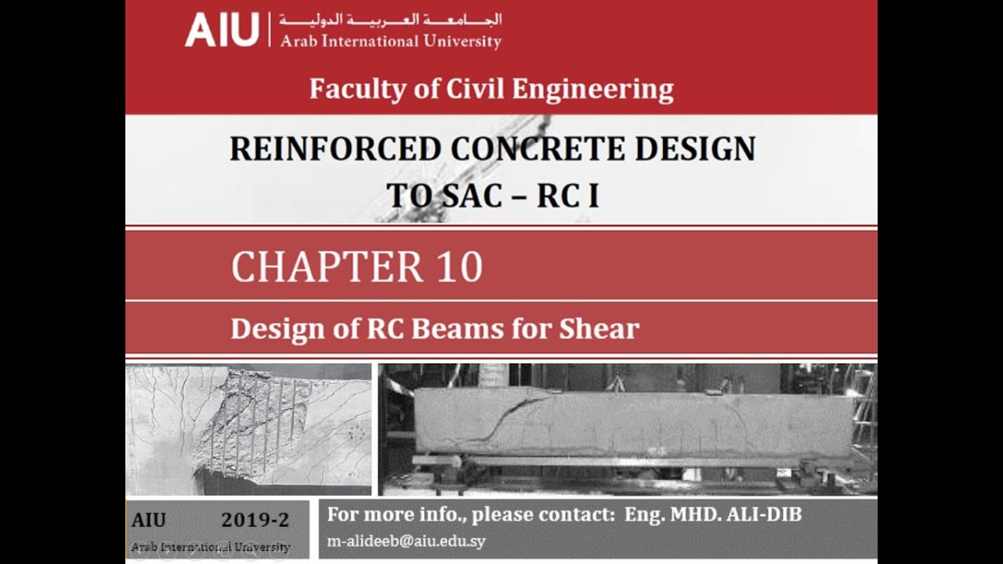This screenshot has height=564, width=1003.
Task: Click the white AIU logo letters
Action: pos(222,30)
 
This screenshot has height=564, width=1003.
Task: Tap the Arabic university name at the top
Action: pos(390,20)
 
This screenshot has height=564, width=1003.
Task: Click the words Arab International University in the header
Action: pos(390,42)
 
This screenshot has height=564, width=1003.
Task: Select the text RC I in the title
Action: pos(568,196)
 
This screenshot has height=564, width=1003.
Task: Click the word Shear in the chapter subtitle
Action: pos(599,329)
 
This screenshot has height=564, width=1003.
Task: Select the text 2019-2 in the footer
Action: pos(255,520)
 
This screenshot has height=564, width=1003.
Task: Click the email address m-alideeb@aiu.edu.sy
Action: pos(406,541)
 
